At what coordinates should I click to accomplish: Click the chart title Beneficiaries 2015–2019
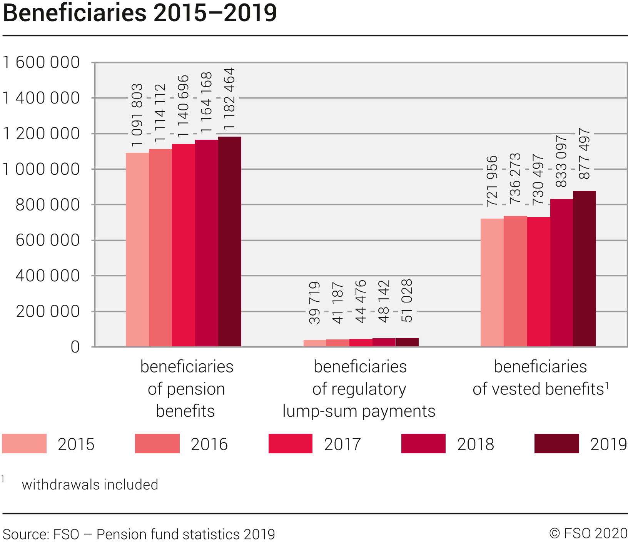tap(140, 13)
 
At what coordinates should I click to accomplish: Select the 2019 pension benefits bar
tap(230, 242)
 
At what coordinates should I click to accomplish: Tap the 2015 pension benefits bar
tap(137, 250)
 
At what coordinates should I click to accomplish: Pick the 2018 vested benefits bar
tap(561, 272)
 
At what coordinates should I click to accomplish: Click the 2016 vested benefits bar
tap(515, 281)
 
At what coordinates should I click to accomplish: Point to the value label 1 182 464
tap(229, 99)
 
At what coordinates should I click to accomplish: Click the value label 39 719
tap(315, 303)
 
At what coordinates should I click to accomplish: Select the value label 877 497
tap(585, 154)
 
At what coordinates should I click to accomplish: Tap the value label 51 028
tap(407, 301)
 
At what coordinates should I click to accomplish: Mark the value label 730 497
tap(538, 179)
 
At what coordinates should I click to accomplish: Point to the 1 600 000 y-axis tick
tap(41, 62)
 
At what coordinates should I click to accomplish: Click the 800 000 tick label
tap(48, 205)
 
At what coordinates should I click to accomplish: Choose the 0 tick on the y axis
tap(75, 347)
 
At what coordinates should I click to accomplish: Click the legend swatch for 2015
tap(24, 444)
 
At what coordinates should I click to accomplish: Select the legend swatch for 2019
tap(556, 444)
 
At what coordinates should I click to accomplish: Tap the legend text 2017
tap(342, 444)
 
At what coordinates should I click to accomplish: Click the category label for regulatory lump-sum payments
tap(359, 389)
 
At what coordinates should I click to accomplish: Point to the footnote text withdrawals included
tap(90, 485)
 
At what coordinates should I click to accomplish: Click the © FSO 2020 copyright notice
tap(588, 534)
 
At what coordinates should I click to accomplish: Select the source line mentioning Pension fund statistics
tap(139, 535)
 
